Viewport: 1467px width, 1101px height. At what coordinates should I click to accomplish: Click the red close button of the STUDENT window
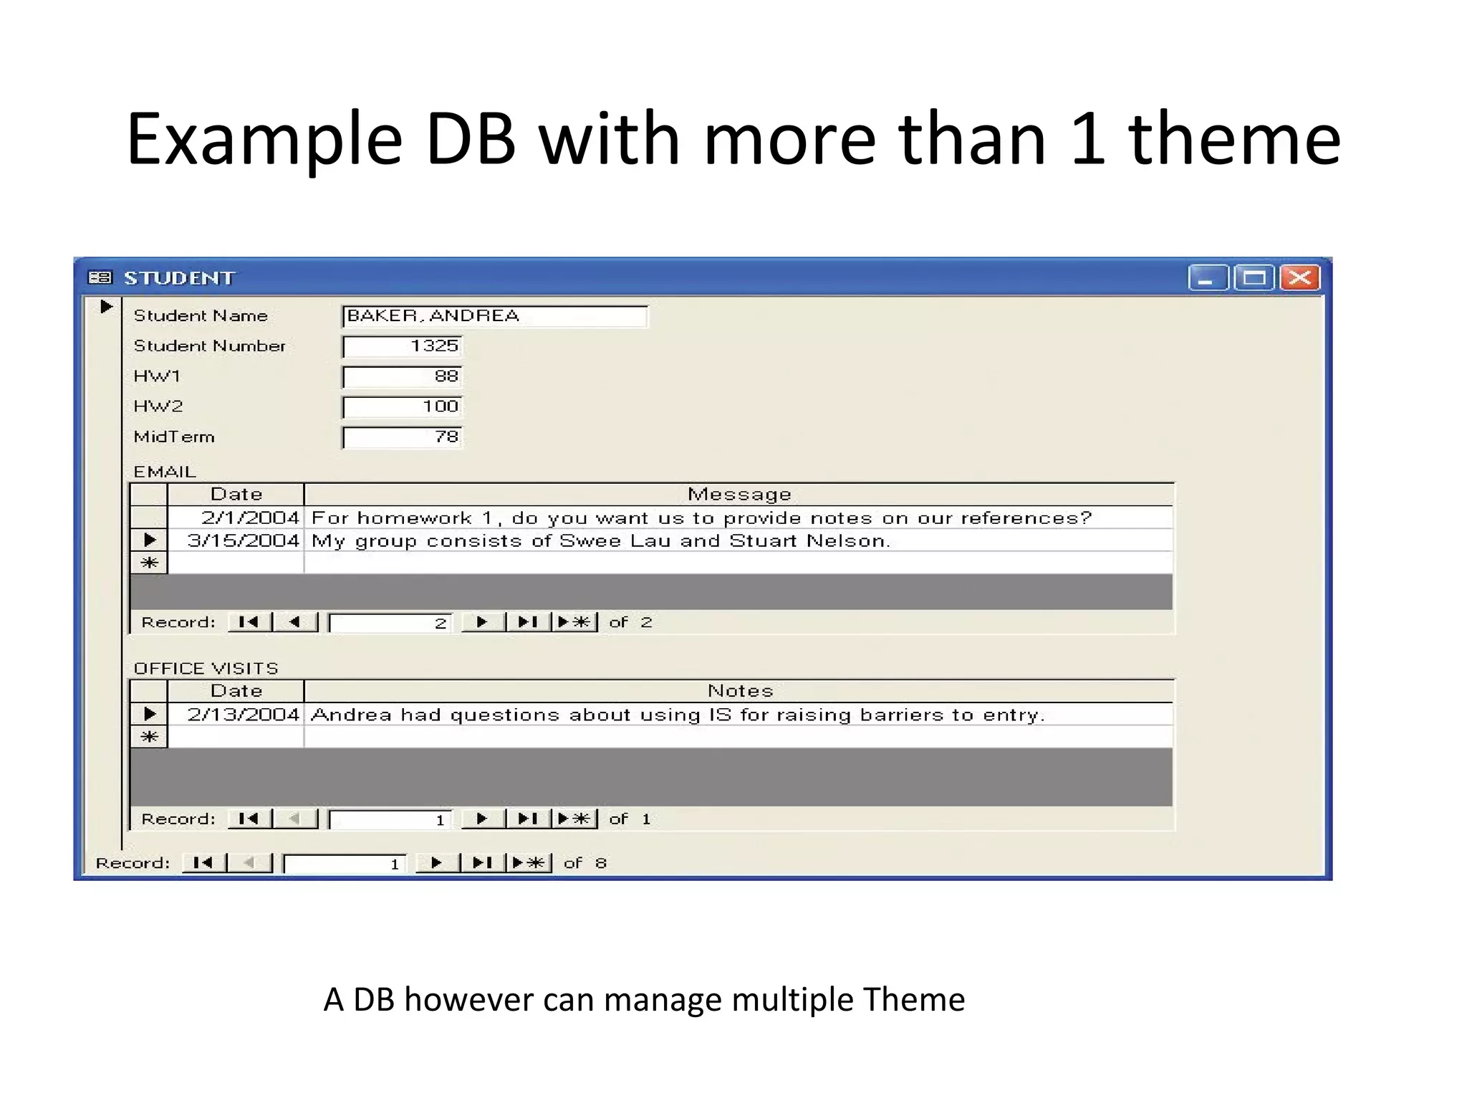point(1299,277)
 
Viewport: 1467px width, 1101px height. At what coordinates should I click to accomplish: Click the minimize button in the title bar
point(1208,277)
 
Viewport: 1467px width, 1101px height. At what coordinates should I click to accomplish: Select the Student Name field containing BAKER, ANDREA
point(494,316)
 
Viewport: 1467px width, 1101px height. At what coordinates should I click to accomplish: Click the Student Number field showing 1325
point(403,346)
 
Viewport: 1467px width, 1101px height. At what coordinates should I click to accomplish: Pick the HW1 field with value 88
point(403,376)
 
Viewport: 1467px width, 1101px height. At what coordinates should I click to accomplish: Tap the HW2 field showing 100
point(403,406)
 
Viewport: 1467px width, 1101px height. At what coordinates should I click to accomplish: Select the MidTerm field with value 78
point(403,437)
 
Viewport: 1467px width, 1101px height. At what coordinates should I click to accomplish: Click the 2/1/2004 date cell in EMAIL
point(249,518)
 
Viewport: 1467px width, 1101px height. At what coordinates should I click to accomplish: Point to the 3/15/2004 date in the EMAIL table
point(243,540)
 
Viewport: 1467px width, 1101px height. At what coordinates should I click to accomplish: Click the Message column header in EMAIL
point(739,494)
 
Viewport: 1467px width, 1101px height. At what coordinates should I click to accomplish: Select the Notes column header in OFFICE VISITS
point(740,691)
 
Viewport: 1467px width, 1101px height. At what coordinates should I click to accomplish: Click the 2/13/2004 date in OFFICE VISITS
point(243,715)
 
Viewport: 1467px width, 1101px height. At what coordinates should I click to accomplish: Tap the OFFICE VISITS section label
point(206,669)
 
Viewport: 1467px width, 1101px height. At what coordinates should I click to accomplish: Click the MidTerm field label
point(174,437)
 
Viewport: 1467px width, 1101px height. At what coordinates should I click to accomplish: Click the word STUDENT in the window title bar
point(179,278)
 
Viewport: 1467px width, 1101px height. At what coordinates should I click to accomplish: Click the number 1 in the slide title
point(1087,139)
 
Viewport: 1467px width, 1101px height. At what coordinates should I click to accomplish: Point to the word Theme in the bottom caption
point(913,999)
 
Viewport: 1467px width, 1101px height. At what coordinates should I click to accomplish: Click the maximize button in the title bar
point(1254,277)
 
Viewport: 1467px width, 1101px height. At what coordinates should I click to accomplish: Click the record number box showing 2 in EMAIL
point(390,623)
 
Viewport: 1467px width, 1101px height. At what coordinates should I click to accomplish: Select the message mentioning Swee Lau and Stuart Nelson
point(600,540)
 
